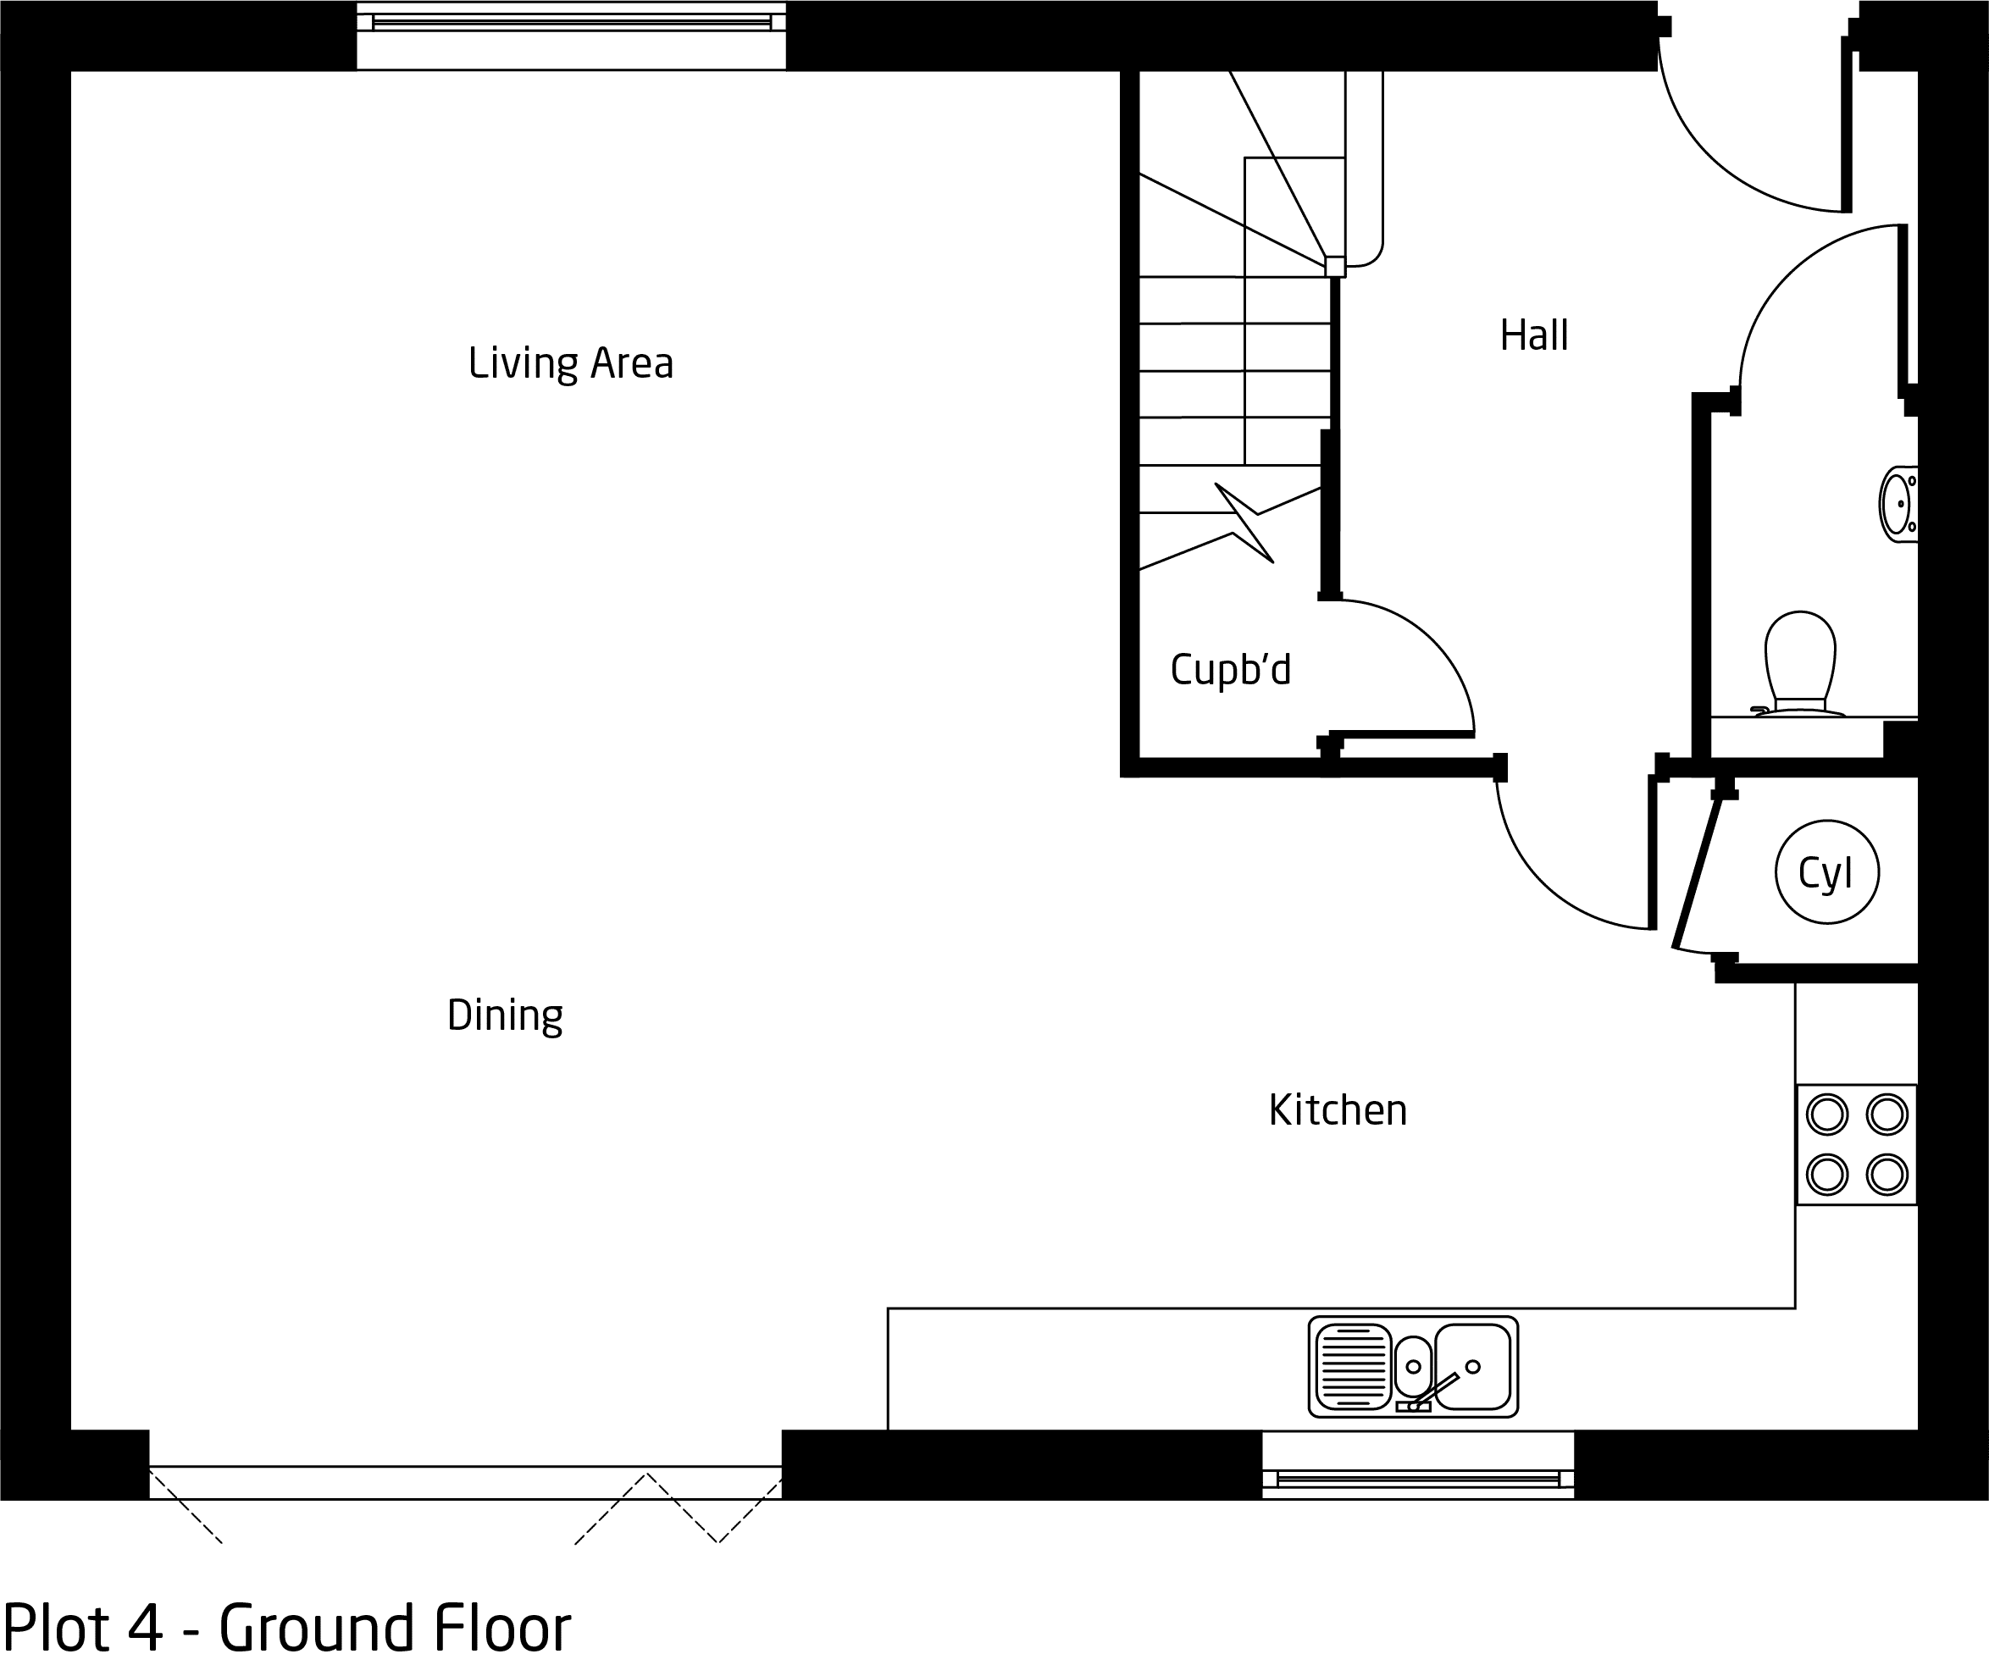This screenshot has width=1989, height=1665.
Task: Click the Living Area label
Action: pos(570,362)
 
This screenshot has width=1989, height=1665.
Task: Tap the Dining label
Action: pos(505,1016)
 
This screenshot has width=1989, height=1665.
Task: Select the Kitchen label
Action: pos(1338,1110)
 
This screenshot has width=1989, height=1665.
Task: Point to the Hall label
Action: pos(1533,335)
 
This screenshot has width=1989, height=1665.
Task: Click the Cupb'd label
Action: pos(1230,670)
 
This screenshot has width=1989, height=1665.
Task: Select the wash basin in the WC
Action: pos(1898,504)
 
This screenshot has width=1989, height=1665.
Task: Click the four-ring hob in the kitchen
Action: pos(1856,1144)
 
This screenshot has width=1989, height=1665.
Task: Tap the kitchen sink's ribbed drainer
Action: pos(1352,1367)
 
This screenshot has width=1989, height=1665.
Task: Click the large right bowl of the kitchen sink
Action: pos(1473,1367)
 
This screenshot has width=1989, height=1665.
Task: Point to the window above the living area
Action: pos(571,35)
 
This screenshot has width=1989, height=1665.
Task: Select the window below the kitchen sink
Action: pos(1418,1464)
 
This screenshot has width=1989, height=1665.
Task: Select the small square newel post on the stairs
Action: pos(1334,266)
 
